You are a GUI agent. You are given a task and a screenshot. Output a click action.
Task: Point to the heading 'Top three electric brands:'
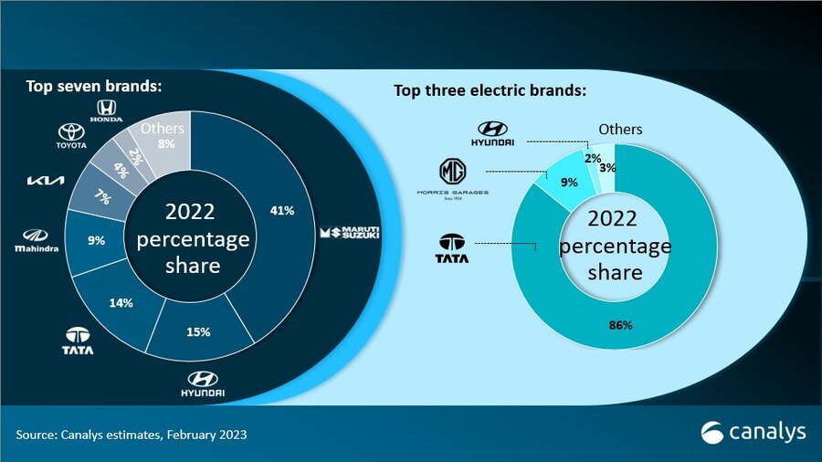tap(490, 91)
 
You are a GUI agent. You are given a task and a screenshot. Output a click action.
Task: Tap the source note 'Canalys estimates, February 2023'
tap(132, 435)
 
